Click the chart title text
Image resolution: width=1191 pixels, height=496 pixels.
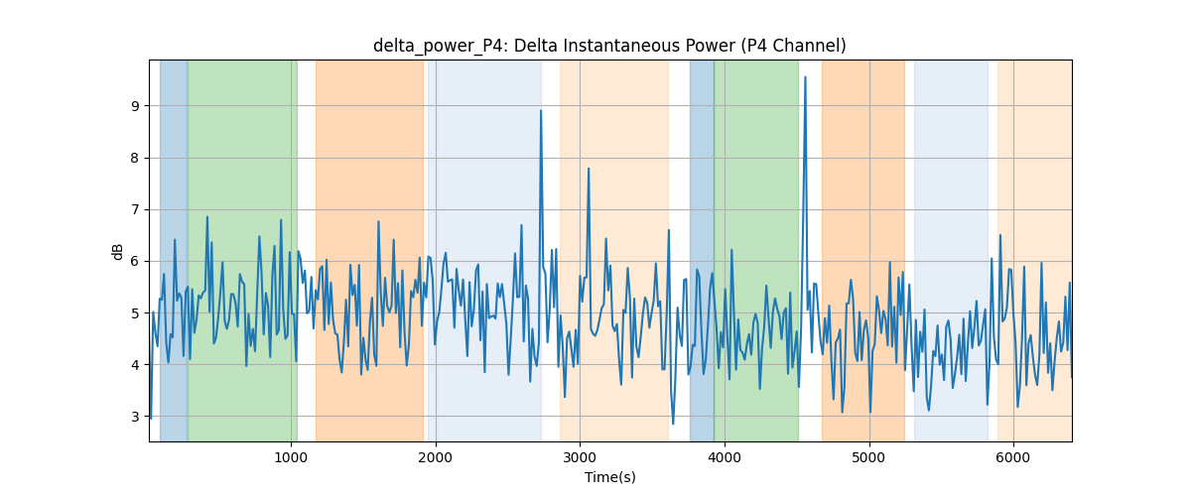[x=609, y=46]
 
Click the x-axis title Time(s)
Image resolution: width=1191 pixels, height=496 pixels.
[x=609, y=477]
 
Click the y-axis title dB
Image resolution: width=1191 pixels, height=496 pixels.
[x=117, y=251]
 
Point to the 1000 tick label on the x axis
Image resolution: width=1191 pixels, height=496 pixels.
[x=291, y=457]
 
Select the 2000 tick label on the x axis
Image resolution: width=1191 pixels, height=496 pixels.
[x=436, y=457]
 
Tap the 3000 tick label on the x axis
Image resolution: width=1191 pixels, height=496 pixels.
[x=580, y=457]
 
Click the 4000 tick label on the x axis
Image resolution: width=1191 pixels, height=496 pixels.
[x=725, y=457]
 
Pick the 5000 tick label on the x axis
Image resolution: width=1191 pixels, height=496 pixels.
[x=869, y=457]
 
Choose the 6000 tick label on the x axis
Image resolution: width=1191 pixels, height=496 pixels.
[x=1013, y=457]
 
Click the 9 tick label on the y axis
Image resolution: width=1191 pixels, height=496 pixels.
[x=135, y=106]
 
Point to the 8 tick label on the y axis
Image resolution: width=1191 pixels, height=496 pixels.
[x=135, y=158]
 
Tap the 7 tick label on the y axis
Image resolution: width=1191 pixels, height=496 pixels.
[x=135, y=209]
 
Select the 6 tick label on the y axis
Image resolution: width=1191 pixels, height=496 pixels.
[x=135, y=262]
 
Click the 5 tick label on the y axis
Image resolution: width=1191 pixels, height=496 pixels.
[x=135, y=313]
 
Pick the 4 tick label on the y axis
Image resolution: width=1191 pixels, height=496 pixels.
[x=135, y=365]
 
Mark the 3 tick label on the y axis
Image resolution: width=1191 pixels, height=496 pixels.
[x=135, y=417]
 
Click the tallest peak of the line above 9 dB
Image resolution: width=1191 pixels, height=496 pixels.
[x=805, y=77]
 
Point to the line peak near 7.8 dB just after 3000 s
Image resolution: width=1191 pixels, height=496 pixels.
[x=589, y=169]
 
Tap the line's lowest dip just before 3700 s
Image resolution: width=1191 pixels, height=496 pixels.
[x=673, y=424]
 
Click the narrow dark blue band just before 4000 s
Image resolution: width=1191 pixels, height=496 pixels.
[x=702, y=250]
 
